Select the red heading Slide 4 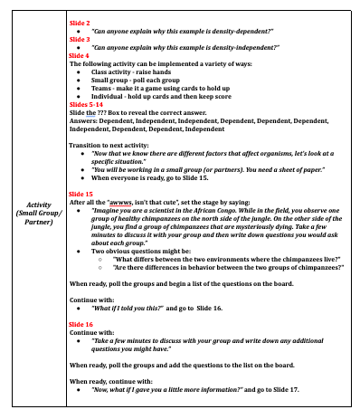coord(81,55)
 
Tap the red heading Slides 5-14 coord(87,105)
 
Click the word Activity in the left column coord(39,205)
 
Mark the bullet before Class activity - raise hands coord(93,71)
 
